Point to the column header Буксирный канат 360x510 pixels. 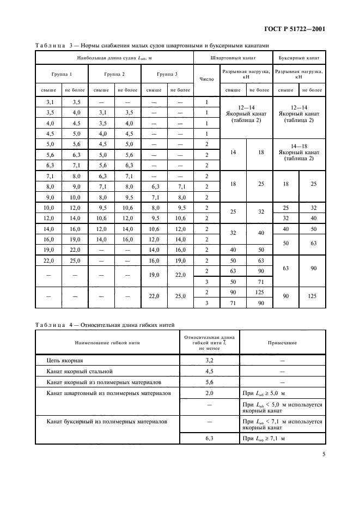298,57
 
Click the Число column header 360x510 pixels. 206,79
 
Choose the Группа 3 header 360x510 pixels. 167,73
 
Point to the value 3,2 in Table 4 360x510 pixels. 209,361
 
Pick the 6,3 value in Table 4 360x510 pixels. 209,438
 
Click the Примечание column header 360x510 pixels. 282,343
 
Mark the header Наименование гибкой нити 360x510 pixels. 107,343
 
